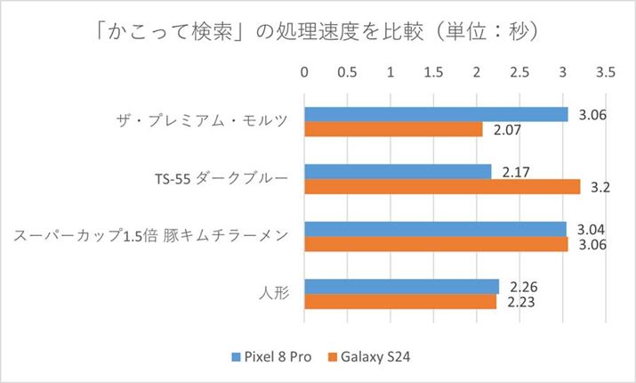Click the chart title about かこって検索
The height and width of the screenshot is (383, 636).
click(318, 31)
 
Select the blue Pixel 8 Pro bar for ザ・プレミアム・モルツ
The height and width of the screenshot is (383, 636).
click(436, 114)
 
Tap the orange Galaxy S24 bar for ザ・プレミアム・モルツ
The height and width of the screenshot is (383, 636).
click(393, 129)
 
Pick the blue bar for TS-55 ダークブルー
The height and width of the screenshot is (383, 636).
click(398, 171)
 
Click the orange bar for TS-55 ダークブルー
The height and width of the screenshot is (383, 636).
click(442, 186)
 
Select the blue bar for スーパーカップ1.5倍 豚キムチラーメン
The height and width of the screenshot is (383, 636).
click(435, 229)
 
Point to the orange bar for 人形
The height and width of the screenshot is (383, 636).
click(400, 301)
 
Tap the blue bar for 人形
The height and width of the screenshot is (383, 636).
click(401, 286)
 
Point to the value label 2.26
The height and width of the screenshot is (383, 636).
click(520, 287)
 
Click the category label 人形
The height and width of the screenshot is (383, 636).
click(273, 294)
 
